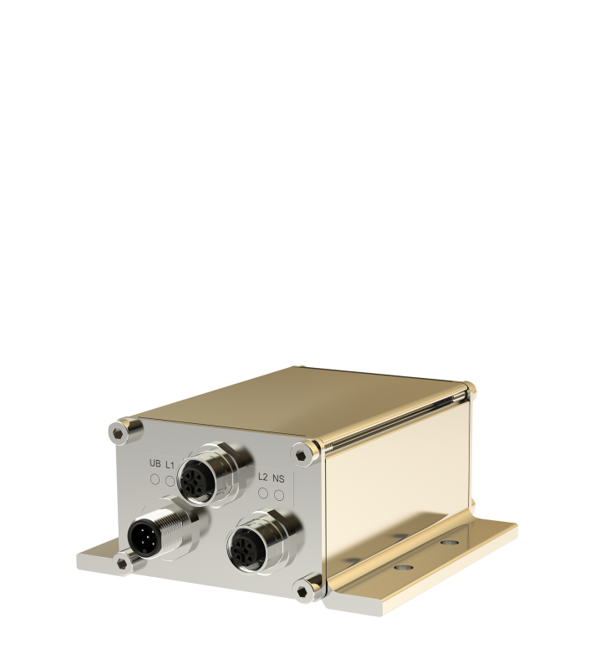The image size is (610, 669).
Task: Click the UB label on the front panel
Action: (155, 464)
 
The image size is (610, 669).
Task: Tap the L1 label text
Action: (170, 464)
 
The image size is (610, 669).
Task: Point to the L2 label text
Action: (263, 477)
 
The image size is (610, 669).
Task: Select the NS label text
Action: (279, 477)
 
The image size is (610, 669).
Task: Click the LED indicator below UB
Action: (155, 479)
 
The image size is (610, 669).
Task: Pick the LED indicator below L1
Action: (170, 480)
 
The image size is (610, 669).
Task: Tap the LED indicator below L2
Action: (263, 493)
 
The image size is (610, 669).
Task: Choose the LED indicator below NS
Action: (279, 494)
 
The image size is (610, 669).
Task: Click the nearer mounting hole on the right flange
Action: (404, 566)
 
